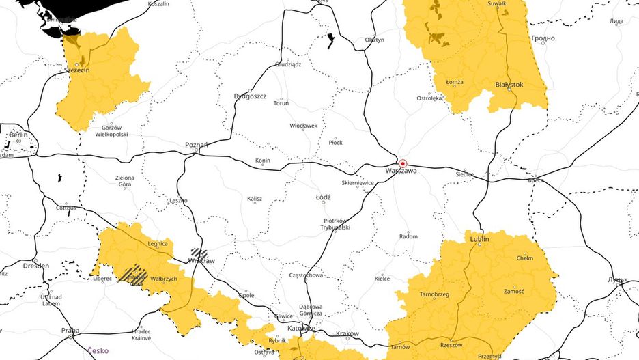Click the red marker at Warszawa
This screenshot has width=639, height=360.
click(403, 164)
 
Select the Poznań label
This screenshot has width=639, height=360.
click(197, 145)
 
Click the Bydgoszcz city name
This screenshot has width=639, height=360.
click(250, 96)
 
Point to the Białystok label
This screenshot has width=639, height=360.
click(509, 85)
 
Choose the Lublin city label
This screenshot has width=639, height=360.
click(480, 240)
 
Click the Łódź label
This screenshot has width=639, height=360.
click(323, 197)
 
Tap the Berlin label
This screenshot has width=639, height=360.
click(18, 135)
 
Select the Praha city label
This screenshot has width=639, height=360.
click(70, 331)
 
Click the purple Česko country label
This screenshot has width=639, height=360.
click(97, 350)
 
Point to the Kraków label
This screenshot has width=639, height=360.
click(347, 333)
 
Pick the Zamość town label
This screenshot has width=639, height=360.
click(513, 291)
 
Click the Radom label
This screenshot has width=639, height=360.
click(408, 236)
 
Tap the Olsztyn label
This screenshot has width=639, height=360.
click(374, 40)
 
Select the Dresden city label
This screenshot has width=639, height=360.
click(35, 266)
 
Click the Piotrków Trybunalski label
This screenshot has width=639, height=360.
click(336, 223)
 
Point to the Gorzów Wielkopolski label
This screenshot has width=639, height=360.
click(111, 131)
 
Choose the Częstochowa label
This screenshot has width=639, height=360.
click(306, 275)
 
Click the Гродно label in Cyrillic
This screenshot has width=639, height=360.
click(543, 39)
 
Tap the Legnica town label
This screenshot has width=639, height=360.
click(158, 243)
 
